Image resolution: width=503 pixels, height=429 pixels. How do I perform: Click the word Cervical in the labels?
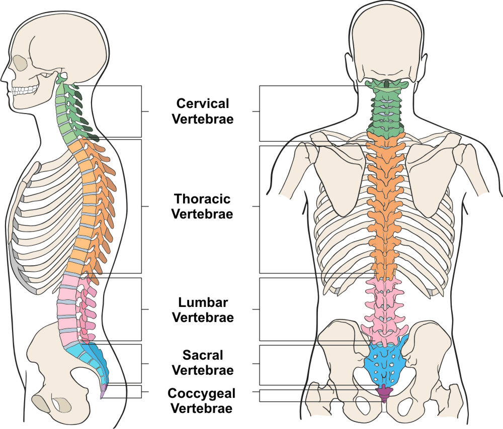pos(202,103)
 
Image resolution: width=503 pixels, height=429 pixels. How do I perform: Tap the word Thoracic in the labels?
pos(202,198)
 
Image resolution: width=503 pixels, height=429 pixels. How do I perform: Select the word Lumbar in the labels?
pos(202,302)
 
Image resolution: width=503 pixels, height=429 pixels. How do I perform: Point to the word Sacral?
pos(202,356)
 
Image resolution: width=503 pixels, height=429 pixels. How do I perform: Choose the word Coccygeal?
pos(202,393)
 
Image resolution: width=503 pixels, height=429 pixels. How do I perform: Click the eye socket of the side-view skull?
pos(21,62)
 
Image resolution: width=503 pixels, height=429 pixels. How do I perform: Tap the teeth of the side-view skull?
pos(25,91)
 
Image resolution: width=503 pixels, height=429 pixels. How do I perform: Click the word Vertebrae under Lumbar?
pos(202,317)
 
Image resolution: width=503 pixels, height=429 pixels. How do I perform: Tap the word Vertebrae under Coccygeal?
pos(202,407)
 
